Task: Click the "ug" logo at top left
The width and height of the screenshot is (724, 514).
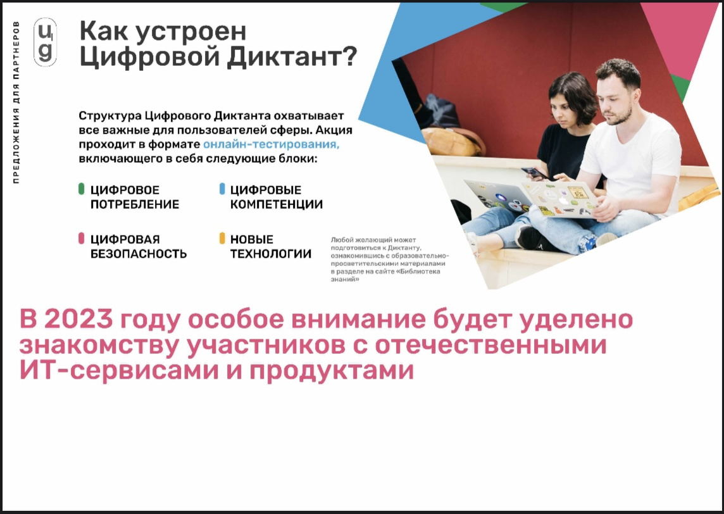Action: point(46,42)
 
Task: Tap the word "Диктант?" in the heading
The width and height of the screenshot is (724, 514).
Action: point(292,57)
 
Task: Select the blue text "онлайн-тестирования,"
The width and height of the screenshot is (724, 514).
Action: point(271,144)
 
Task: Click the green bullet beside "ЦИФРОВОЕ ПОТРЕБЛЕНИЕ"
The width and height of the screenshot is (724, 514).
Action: point(82,189)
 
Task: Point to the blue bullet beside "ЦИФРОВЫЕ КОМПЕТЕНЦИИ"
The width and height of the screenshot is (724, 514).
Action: point(222,189)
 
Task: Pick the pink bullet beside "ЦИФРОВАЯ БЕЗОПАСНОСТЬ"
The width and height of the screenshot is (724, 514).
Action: point(82,238)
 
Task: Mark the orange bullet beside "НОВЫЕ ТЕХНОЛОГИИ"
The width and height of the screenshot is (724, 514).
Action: point(222,238)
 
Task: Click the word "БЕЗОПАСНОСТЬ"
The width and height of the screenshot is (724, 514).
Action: point(139,254)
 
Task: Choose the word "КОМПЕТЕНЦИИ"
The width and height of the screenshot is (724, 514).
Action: point(277,204)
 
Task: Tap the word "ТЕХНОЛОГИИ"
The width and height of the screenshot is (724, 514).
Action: point(271,254)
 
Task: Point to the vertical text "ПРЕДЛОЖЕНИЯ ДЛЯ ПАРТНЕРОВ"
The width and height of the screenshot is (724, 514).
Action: point(16,103)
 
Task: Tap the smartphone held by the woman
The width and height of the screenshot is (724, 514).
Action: point(535,173)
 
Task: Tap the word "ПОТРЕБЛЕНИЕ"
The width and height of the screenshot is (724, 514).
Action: point(135,204)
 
